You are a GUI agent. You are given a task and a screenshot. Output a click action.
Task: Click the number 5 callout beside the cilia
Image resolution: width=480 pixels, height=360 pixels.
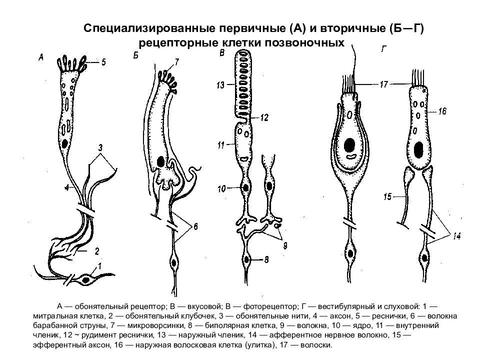(103, 62)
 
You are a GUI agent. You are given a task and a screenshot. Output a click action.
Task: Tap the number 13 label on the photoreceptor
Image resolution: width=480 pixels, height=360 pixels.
(220, 85)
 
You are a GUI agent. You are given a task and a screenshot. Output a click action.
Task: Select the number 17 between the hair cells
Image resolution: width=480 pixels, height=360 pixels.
(383, 84)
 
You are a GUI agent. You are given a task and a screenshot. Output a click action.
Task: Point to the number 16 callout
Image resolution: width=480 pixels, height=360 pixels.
(442, 111)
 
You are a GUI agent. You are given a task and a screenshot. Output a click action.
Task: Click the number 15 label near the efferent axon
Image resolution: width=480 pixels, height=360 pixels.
(387, 196)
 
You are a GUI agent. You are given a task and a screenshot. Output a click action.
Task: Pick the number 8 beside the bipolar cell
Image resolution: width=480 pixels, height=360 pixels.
(266, 260)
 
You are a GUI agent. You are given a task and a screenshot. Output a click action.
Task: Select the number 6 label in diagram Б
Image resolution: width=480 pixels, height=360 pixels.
(195, 226)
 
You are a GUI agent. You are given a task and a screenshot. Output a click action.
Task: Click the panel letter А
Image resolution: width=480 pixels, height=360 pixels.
(41, 57)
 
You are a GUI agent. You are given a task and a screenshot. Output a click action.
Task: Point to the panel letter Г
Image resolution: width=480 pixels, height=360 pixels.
(384, 49)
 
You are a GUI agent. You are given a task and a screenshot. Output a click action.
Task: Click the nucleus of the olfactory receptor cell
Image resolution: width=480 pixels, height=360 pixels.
(64, 143)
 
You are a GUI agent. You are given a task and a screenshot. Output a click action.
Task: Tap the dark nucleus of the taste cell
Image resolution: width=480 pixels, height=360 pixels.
(160, 161)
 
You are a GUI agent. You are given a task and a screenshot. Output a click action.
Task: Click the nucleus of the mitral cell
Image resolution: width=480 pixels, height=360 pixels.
(87, 280)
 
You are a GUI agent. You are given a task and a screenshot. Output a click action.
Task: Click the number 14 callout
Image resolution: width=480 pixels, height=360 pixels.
(456, 236)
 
